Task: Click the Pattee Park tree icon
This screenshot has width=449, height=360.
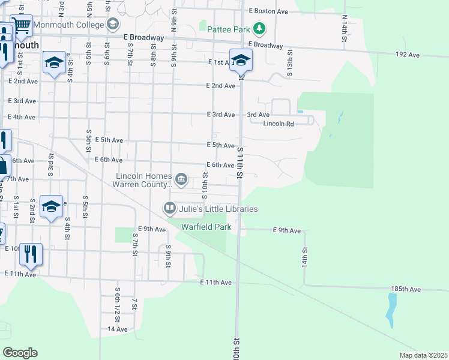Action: (259, 28)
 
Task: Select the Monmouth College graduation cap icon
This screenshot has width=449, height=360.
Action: (112, 24)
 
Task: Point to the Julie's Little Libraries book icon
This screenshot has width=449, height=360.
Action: (170, 208)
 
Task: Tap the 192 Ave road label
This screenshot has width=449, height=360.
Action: (408, 55)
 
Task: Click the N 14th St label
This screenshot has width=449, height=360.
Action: (345, 29)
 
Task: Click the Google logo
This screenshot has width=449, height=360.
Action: (20, 353)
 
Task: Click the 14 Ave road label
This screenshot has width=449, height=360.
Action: (118, 329)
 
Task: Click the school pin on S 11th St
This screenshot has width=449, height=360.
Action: (241, 61)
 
